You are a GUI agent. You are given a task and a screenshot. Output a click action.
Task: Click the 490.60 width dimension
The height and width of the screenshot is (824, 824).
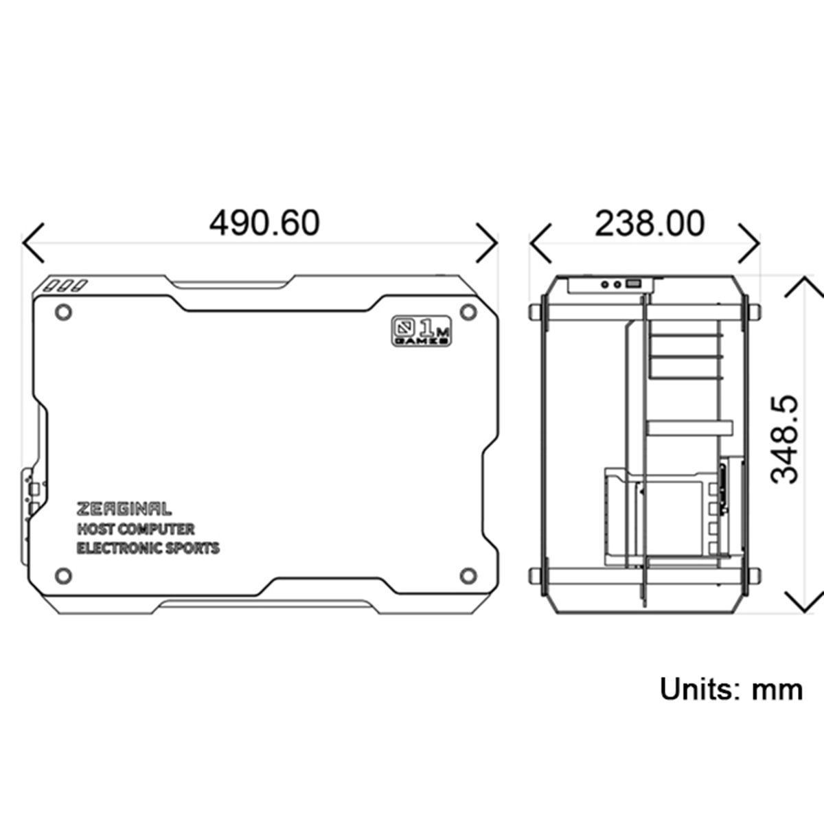click(264, 223)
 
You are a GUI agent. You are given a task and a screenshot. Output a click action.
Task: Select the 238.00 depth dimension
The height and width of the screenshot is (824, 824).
click(649, 224)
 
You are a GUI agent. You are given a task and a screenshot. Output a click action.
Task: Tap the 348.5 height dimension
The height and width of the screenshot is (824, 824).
click(785, 439)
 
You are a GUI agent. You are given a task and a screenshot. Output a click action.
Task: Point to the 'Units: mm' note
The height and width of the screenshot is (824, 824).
click(731, 689)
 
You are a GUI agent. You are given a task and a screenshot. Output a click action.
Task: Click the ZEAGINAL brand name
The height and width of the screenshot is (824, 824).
click(124, 509)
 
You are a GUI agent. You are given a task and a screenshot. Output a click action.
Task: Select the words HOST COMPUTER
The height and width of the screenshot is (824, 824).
click(135, 529)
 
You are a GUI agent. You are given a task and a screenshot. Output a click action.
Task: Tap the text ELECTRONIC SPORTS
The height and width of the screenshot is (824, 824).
click(148, 548)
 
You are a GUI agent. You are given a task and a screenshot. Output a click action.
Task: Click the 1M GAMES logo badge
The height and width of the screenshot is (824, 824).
click(422, 330)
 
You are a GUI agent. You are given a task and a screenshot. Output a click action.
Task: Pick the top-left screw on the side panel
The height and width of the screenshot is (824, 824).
click(63, 312)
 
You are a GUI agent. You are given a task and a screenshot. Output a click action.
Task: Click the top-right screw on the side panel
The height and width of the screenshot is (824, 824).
click(468, 312)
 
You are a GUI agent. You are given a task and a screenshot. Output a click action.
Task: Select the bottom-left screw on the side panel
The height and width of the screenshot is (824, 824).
click(63, 575)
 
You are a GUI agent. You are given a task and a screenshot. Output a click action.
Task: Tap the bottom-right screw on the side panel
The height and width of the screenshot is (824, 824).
click(468, 575)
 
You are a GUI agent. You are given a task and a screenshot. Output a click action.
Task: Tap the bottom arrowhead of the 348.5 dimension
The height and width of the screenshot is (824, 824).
click(804, 603)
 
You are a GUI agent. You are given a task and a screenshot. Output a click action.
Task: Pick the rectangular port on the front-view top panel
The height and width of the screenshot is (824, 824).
click(633, 283)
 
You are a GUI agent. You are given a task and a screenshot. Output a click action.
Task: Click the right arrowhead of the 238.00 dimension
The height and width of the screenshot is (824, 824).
click(751, 242)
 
